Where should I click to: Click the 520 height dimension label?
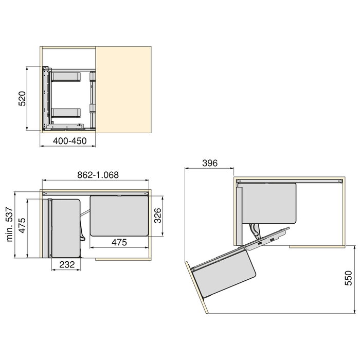coord(22,98)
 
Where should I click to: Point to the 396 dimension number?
coord(209,163)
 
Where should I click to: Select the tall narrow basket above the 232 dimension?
coord(66,227)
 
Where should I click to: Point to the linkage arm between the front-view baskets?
coord(84,226)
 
